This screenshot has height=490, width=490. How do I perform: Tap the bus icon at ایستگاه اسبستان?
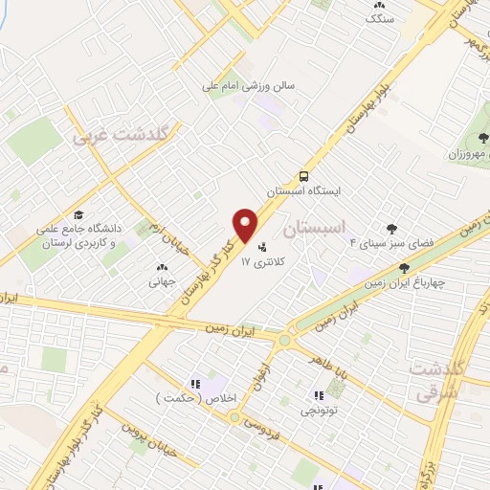tap(303, 176)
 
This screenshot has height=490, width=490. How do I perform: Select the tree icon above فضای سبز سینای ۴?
tap(390, 227)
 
